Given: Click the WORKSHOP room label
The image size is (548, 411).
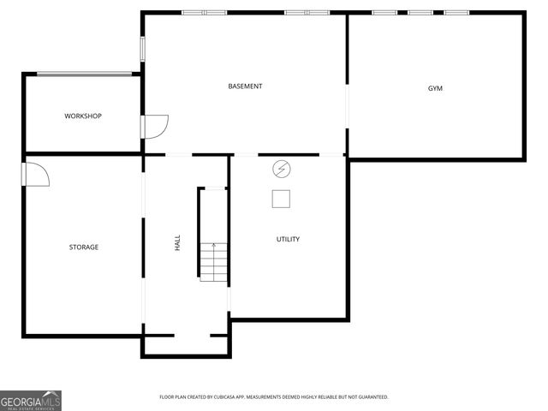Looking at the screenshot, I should tap(83, 116).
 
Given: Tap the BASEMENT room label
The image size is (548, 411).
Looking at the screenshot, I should tap(245, 86).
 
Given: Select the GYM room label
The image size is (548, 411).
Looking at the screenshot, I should tap(436, 89).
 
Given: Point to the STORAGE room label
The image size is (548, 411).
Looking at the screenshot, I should tap(84, 247).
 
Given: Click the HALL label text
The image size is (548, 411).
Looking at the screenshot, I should tap(178, 243).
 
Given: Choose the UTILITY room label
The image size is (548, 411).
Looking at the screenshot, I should tap(288, 239).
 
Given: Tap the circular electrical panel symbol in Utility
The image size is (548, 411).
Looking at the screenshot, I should tap(282, 169).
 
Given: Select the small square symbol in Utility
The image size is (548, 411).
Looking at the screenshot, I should tap(282, 199).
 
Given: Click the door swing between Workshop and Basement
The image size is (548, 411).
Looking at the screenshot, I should tap(156, 126).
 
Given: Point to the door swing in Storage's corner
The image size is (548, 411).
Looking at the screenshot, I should tap(36, 174).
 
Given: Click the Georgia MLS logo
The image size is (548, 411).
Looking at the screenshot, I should tap(31, 400).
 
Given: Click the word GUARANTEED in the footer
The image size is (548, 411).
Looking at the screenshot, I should tap(372, 397).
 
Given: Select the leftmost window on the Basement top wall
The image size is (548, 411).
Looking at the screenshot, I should tap(204, 13).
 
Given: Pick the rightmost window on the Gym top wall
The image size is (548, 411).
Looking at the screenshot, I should tap(456, 13).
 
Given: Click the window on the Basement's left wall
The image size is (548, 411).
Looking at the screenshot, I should tap(143, 48).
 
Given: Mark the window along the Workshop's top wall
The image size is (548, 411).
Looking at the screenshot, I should tap(83, 74).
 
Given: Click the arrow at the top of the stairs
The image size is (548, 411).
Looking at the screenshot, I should tap(213, 247).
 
